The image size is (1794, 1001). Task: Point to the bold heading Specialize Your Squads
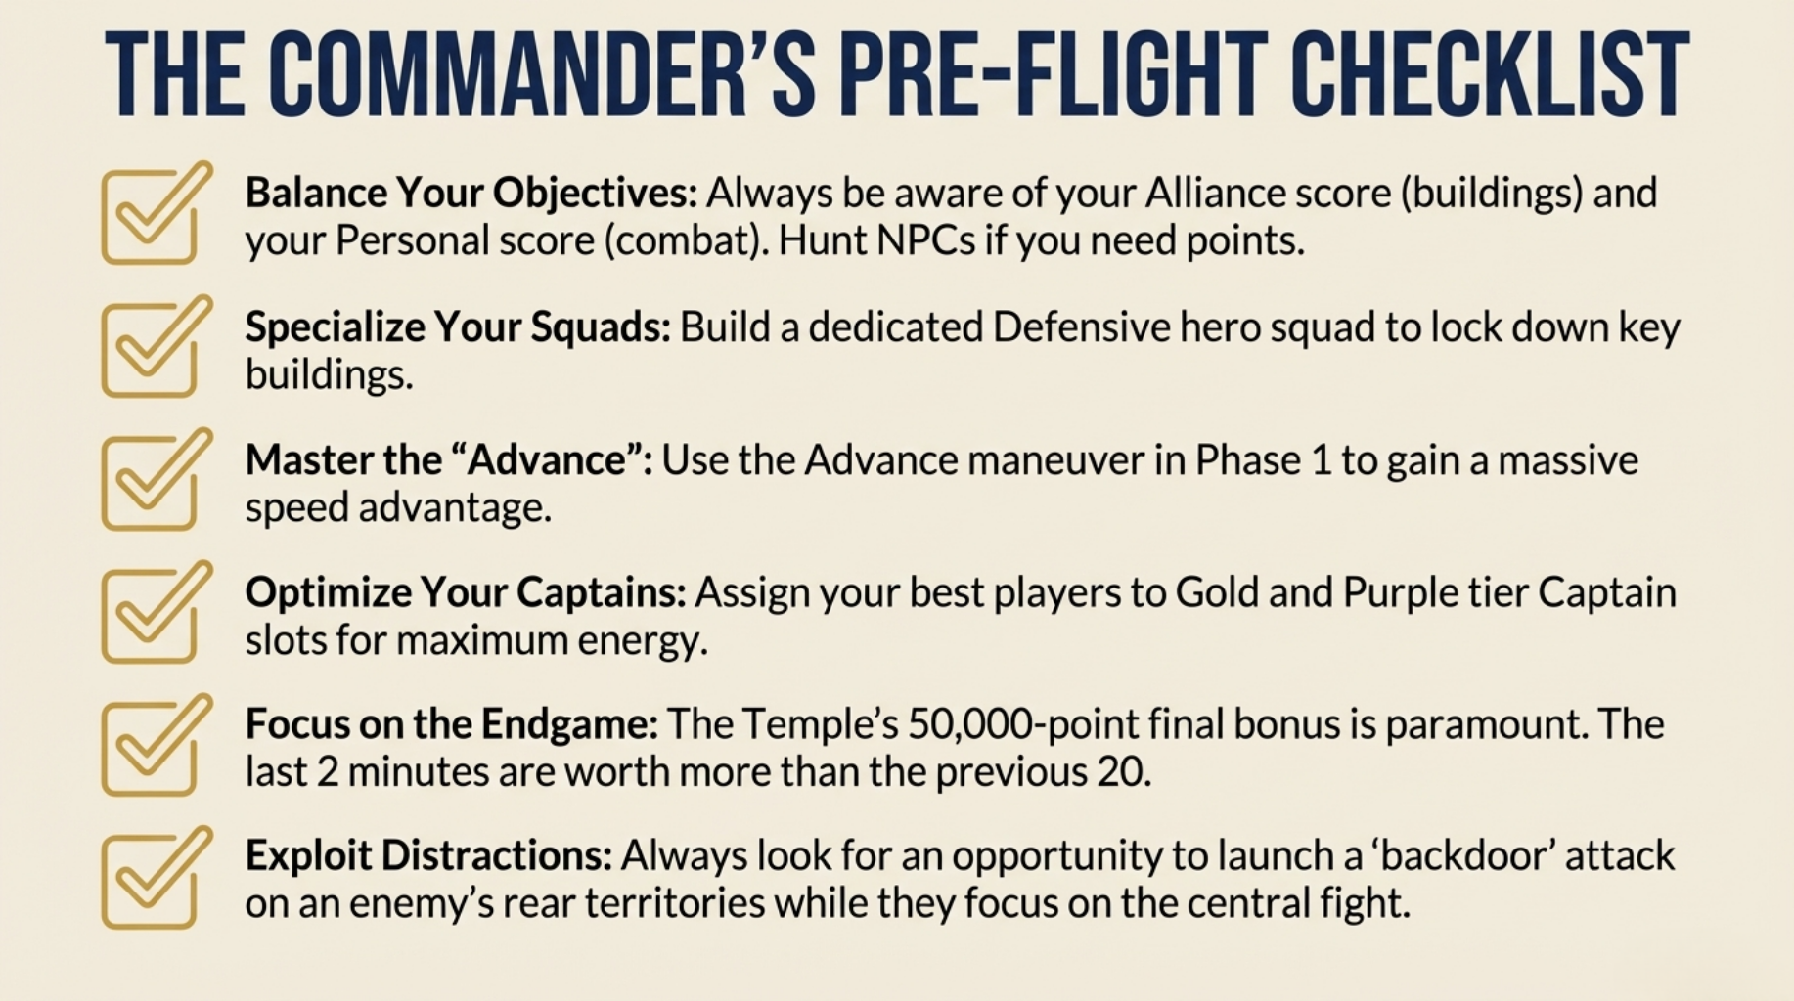(x=458, y=327)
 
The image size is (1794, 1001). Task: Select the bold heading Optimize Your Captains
(x=466, y=592)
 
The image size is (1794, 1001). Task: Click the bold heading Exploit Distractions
(x=428, y=855)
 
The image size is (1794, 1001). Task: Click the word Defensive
(x=1081, y=327)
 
